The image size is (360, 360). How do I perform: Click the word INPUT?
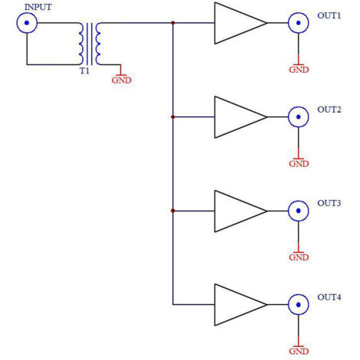[38, 7]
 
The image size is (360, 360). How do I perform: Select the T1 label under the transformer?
[85, 70]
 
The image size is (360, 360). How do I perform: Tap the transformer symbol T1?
[89, 44]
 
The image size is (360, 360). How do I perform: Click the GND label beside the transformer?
[122, 80]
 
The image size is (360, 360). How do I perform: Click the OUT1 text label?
[329, 15]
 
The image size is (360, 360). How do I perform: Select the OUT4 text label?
[329, 297]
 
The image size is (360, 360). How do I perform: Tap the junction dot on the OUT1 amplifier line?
[173, 23]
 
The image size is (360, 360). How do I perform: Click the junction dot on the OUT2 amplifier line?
[173, 117]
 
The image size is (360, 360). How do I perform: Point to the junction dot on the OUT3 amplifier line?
[173, 211]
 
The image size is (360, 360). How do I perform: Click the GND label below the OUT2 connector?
[299, 164]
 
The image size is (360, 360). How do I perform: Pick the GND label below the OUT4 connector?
[299, 352]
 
